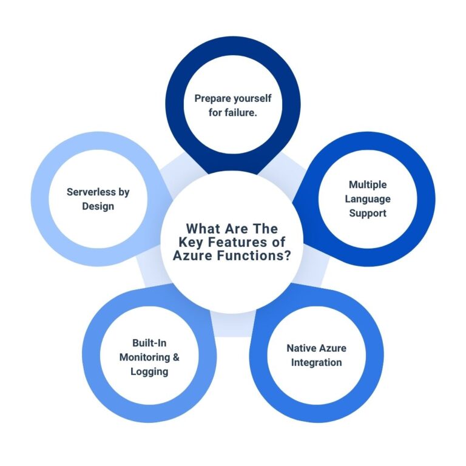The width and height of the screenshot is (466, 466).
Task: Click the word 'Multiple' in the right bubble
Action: (x=368, y=184)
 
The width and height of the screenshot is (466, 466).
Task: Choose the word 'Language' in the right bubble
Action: (x=368, y=198)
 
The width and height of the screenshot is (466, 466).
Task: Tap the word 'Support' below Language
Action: (x=368, y=213)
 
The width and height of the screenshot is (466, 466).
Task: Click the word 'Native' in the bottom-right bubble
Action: (x=302, y=349)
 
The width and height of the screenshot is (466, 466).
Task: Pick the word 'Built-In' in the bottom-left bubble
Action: (x=149, y=343)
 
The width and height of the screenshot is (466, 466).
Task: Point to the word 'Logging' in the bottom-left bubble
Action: (x=149, y=371)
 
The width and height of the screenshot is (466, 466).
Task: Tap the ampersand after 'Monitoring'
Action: (x=177, y=357)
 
